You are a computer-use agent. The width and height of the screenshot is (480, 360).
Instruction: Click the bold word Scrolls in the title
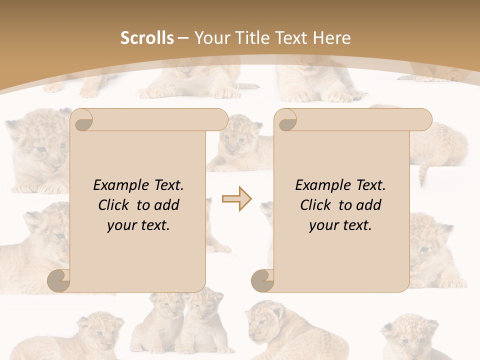coord(147,38)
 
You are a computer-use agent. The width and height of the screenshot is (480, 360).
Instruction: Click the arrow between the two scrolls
coord(236,199)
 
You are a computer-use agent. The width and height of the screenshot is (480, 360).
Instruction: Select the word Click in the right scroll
coord(315,205)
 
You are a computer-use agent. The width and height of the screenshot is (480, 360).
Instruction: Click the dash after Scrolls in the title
coord(183,38)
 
